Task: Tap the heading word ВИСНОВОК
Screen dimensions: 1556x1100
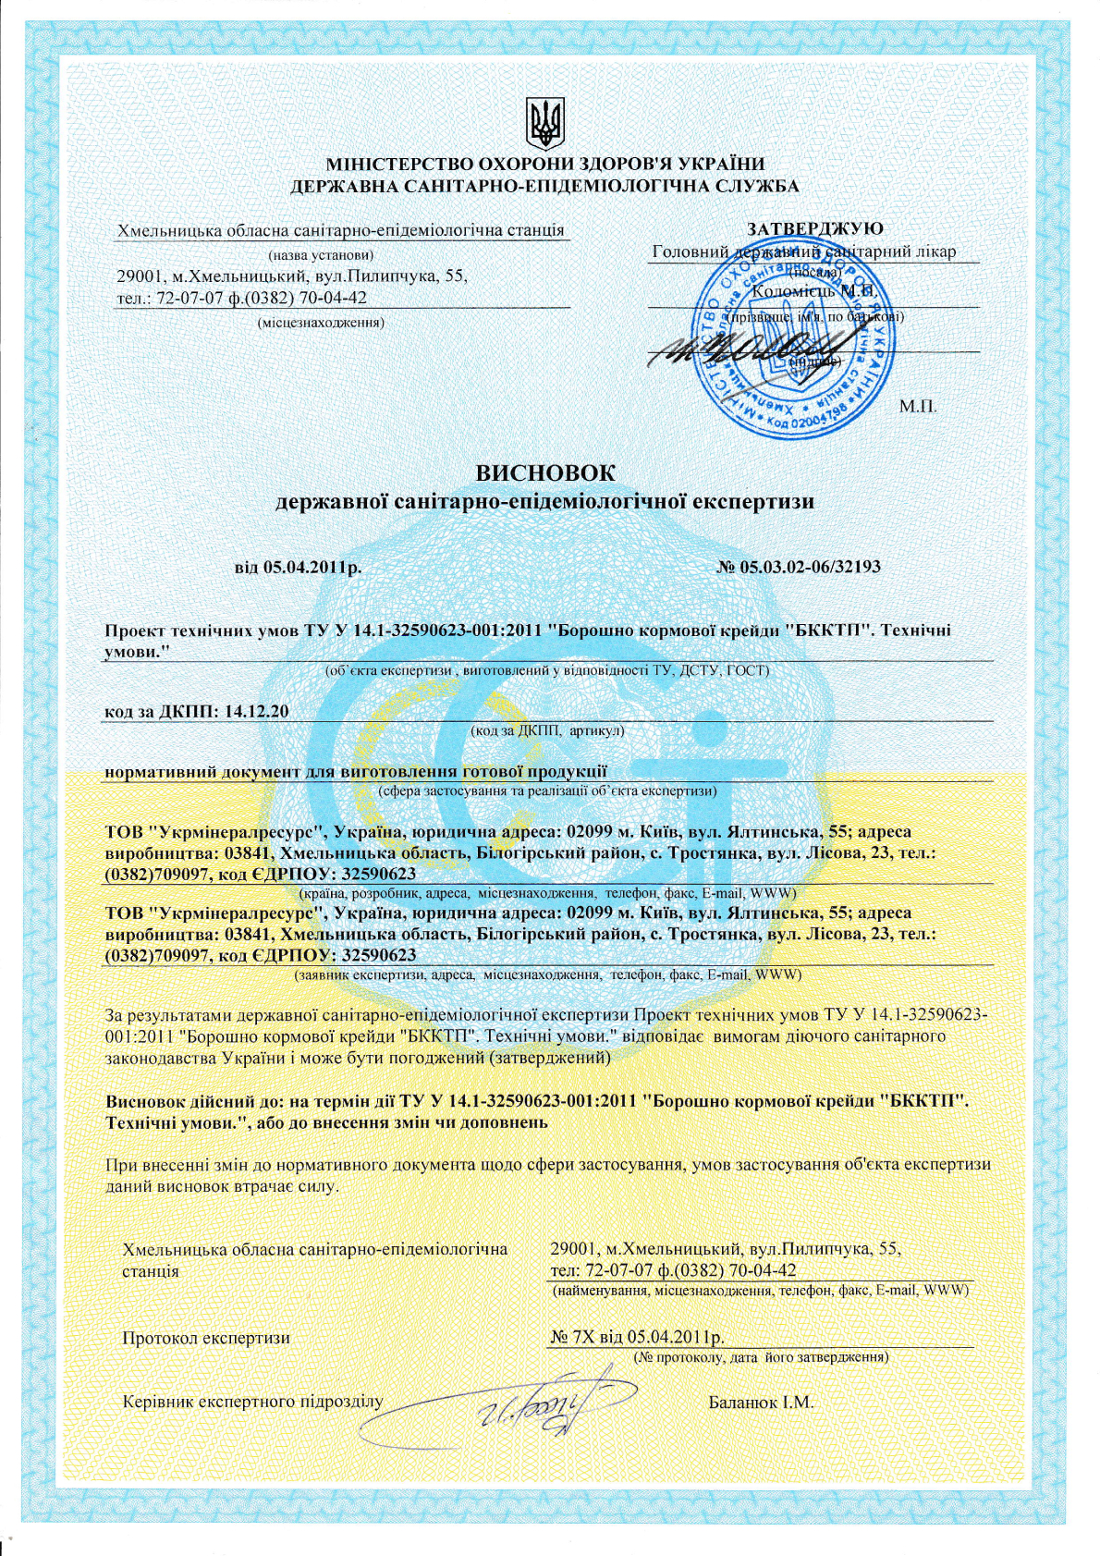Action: click(x=545, y=473)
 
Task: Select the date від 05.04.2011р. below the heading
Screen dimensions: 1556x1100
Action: click(x=299, y=567)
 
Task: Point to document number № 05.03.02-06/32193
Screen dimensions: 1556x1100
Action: click(x=799, y=566)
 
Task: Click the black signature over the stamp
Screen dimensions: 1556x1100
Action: click(x=739, y=353)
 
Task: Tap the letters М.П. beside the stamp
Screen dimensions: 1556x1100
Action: click(x=918, y=406)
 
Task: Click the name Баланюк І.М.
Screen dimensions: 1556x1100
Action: click(x=761, y=1403)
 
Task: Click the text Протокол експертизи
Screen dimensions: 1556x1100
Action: click(x=206, y=1338)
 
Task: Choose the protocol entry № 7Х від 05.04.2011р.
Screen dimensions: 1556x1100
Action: click(x=637, y=1338)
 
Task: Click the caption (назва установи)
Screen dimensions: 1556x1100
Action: click(x=321, y=254)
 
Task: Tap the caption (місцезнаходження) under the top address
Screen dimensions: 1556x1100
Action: click(x=321, y=322)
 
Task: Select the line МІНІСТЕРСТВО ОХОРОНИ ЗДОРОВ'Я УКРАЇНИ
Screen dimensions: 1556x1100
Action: click(x=544, y=165)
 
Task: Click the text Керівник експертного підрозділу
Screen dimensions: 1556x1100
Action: click(x=252, y=1402)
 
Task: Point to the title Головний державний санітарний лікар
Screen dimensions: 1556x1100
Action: click(x=803, y=251)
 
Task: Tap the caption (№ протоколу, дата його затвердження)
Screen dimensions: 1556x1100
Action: click(x=761, y=1357)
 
